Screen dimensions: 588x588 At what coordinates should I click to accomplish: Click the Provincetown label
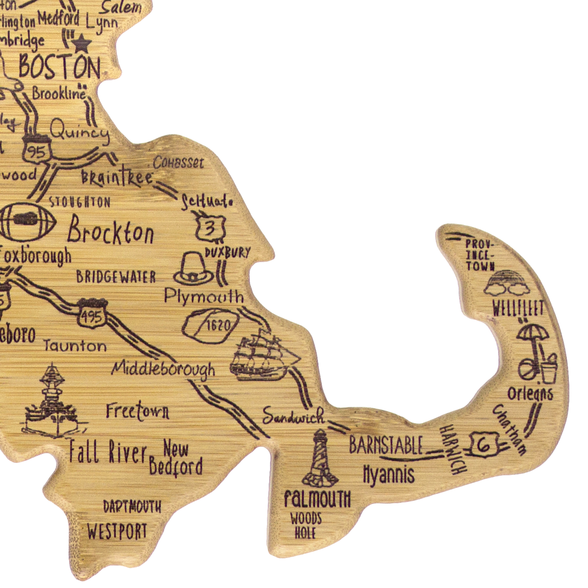click(x=480, y=255)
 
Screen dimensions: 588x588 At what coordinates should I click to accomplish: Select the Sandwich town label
click(x=293, y=416)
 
